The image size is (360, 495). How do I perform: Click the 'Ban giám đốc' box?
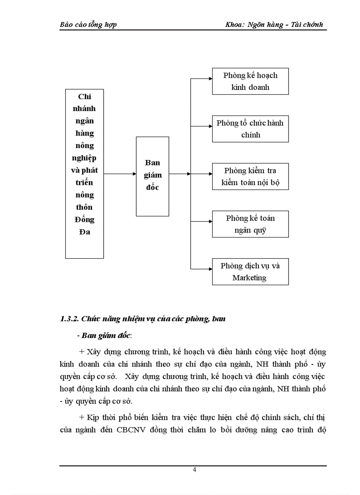coord(152,176)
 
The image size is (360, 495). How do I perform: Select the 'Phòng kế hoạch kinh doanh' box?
coord(250,81)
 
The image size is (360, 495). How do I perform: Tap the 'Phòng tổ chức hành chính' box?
coord(250,129)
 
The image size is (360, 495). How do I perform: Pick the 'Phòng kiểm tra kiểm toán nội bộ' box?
coord(250,176)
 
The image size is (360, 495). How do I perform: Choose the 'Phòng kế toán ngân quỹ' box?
coord(250,224)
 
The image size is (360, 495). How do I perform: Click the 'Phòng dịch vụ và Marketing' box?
coord(250,272)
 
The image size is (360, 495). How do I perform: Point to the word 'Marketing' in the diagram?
coord(249,278)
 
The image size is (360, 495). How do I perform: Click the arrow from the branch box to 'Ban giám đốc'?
coord(120,174)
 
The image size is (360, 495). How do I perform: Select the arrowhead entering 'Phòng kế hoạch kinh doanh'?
coord(210,79)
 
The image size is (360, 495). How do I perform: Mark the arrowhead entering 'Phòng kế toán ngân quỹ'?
coord(210,221)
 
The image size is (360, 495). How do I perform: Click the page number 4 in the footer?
coord(194,469)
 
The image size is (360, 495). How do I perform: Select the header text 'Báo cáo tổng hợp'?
coord(88,25)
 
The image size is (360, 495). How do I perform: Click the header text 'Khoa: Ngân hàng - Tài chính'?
coord(274,25)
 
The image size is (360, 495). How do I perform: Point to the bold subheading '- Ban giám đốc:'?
coord(104,335)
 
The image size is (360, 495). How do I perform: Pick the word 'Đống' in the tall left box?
coord(84,220)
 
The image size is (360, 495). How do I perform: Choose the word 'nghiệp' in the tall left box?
coord(84,158)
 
